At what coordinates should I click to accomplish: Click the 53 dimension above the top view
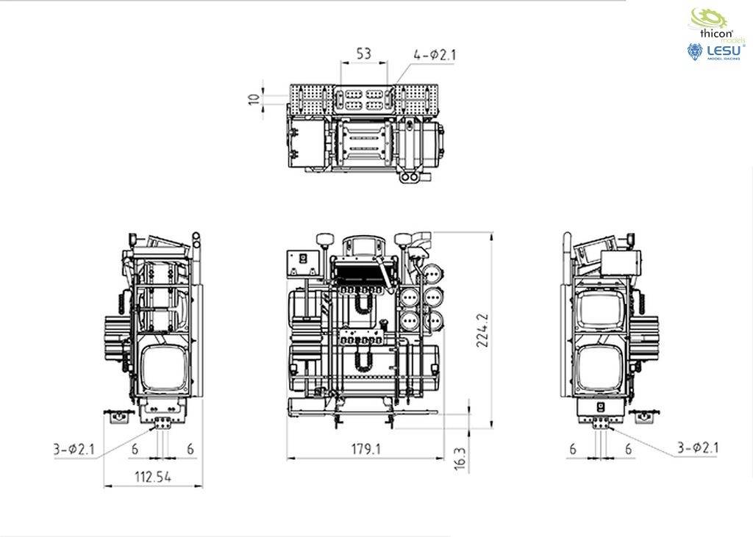tap(363, 54)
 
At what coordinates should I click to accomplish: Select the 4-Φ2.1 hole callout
tap(435, 54)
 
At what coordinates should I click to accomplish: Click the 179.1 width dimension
tap(365, 447)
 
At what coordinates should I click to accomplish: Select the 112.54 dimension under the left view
tap(152, 476)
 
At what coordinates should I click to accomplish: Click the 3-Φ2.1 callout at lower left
tap(74, 449)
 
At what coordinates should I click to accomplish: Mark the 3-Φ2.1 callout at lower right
tap(698, 447)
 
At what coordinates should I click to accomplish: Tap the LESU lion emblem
tap(695, 51)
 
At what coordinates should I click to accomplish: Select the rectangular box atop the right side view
tap(621, 262)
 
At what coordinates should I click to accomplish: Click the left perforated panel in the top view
tap(309, 98)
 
